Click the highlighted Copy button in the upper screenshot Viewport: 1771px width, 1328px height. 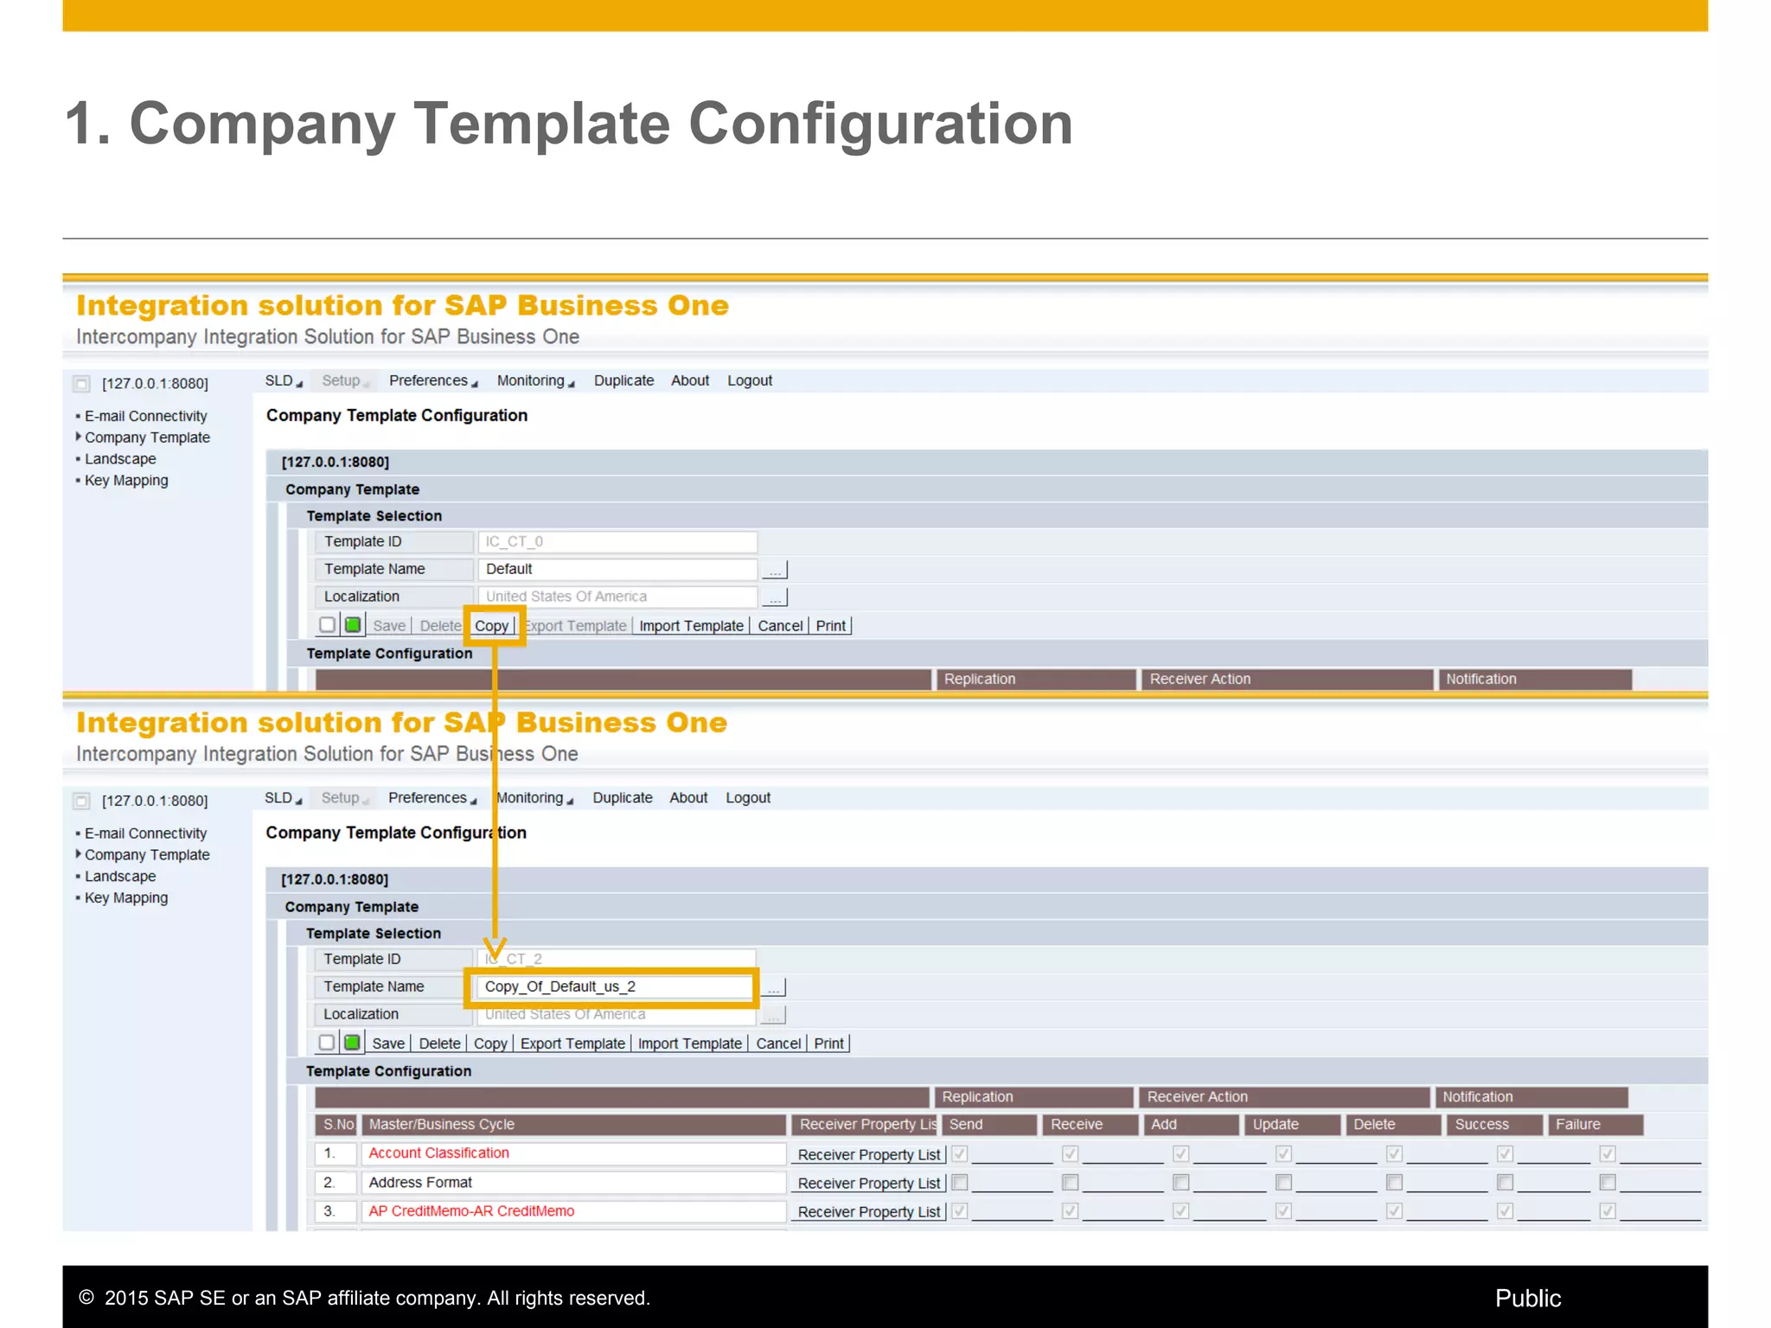[x=491, y=626]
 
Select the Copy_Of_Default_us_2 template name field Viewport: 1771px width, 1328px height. [x=614, y=986]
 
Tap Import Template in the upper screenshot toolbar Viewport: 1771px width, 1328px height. [x=691, y=626]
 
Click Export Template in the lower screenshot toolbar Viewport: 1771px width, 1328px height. [x=572, y=1044]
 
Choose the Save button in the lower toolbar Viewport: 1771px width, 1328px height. [x=388, y=1044]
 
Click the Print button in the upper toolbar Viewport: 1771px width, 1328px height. [x=830, y=626]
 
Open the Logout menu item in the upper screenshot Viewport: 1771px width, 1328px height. [x=749, y=380]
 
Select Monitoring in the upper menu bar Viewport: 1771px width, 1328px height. [x=531, y=380]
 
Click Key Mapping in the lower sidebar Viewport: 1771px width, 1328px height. [x=126, y=897]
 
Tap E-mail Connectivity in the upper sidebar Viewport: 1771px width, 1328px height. [x=145, y=416]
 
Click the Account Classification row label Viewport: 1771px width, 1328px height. [x=438, y=1152]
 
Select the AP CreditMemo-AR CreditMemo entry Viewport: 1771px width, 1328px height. [x=471, y=1210]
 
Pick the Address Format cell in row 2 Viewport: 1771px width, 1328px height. [x=420, y=1182]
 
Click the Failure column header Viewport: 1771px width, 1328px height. [x=1578, y=1124]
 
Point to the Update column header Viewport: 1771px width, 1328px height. [x=1276, y=1124]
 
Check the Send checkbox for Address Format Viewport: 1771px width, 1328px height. [x=959, y=1182]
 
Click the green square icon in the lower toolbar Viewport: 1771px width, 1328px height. [x=352, y=1043]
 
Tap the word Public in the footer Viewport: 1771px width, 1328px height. [x=1527, y=1298]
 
